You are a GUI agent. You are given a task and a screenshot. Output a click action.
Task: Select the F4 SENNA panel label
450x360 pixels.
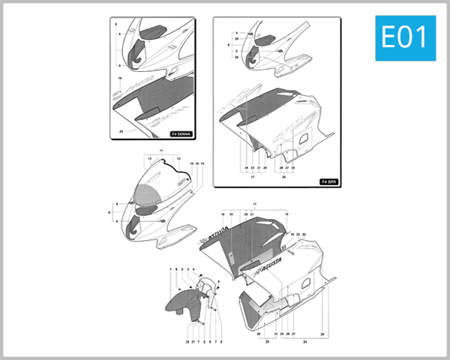tap(181, 134)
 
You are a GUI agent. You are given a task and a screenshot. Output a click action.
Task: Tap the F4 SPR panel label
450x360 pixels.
tap(328, 181)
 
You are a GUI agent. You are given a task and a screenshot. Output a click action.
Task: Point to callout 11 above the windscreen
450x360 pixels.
tap(160, 151)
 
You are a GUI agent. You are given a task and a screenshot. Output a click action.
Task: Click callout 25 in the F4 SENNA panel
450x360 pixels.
tap(121, 130)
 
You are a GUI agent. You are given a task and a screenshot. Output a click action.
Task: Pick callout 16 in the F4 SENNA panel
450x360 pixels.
tap(120, 78)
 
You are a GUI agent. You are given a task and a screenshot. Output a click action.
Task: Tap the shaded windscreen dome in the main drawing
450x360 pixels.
tap(147, 197)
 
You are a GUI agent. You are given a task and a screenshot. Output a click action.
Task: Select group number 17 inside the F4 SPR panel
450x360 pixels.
tap(253, 177)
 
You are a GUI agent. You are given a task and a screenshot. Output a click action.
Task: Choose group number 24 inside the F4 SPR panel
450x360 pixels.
tap(283, 177)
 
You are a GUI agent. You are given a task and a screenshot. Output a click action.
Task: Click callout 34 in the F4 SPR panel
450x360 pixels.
tap(245, 168)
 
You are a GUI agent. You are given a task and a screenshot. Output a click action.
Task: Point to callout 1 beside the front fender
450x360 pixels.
tap(171, 268)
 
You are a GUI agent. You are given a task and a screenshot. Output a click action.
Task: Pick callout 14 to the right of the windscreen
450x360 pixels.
tap(202, 163)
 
